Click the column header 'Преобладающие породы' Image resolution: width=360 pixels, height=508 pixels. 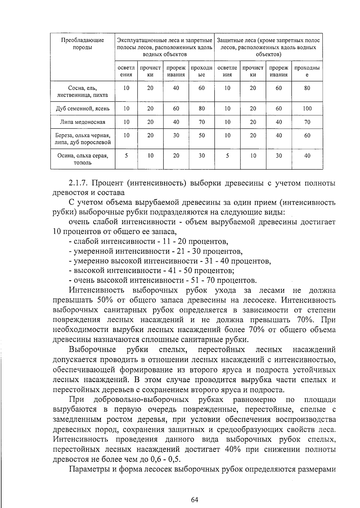tap(82, 44)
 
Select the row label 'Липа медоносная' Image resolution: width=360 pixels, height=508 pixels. tap(82, 122)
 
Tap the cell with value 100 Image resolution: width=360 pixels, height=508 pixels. tap(307, 108)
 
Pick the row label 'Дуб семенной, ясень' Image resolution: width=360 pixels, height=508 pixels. tap(82, 108)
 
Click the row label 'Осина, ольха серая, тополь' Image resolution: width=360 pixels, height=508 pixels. tap(82, 159)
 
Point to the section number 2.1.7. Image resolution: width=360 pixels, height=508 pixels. tap(78, 183)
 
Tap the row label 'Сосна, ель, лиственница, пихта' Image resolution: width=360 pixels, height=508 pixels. tap(82, 92)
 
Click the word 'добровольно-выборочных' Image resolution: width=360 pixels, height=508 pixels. tap(141, 400)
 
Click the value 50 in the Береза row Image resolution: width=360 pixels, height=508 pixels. tap(202, 135)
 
